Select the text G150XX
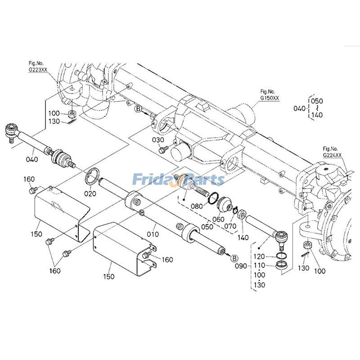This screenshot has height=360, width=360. click(x=270, y=97)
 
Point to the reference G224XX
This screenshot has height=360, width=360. click(x=332, y=155)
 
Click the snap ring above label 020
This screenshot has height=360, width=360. click(x=94, y=176)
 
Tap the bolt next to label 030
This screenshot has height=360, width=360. click(x=164, y=148)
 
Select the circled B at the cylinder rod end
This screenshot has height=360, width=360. click(x=234, y=258)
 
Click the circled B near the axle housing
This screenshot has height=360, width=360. click(x=139, y=108)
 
